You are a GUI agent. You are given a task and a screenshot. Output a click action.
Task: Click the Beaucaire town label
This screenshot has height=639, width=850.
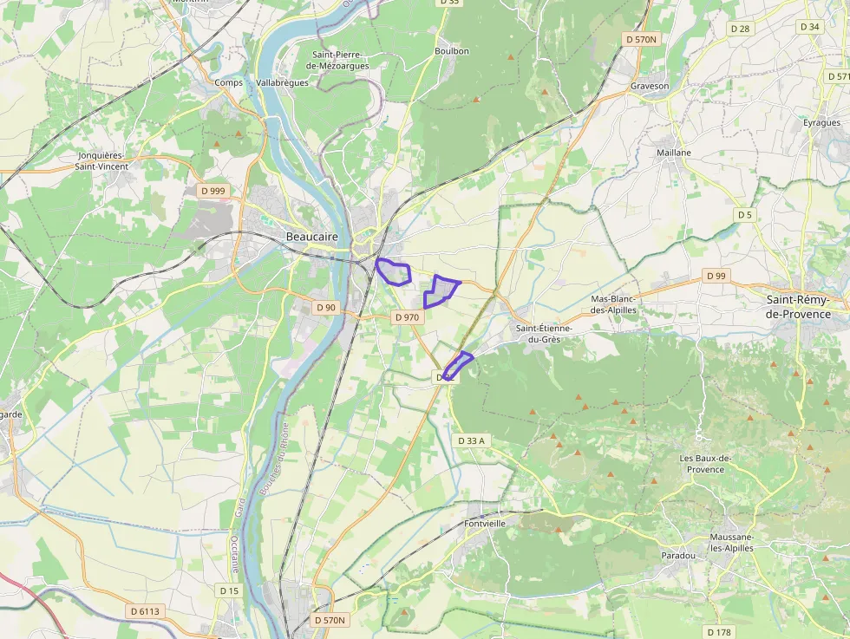click(x=311, y=236)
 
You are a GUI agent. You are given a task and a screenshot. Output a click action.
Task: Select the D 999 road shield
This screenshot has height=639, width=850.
click(x=212, y=190)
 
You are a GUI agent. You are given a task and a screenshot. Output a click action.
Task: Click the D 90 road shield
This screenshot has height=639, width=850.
click(x=325, y=307)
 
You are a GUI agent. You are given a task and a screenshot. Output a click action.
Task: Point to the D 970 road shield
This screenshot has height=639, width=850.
click(x=407, y=317)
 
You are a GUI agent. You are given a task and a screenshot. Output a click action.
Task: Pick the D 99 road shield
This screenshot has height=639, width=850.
click(x=716, y=276)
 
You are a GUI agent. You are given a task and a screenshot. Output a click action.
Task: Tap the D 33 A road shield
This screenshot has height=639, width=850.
click(x=471, y=440)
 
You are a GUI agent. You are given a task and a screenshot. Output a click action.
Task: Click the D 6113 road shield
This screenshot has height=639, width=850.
click(x=145, y=611)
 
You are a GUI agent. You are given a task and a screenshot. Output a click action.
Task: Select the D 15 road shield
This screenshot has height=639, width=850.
click(x=229, y=590)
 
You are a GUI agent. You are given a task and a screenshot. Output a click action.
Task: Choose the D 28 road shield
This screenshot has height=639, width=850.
click(x=740, y=29)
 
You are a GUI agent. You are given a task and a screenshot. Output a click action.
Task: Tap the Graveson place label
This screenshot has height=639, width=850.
click(x=650, y=86)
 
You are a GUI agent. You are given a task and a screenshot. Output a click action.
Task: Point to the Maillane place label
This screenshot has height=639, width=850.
click(x=674, y=153)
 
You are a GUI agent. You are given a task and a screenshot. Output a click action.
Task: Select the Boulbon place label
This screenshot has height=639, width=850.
click(x=451, y=51)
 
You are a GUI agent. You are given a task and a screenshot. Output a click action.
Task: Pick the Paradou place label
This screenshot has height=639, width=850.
click(x=678, y=555)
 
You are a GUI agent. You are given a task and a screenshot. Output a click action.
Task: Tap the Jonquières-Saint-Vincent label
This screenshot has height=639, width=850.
click(x=101, y=160)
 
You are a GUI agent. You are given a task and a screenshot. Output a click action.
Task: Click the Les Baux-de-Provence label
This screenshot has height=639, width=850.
click(x=702, y=464)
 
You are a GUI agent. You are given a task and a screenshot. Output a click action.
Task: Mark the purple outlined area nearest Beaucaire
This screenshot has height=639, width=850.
click(x=394, y=271)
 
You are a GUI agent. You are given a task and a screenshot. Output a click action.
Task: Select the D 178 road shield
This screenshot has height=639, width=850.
click(x=719, y=631)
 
